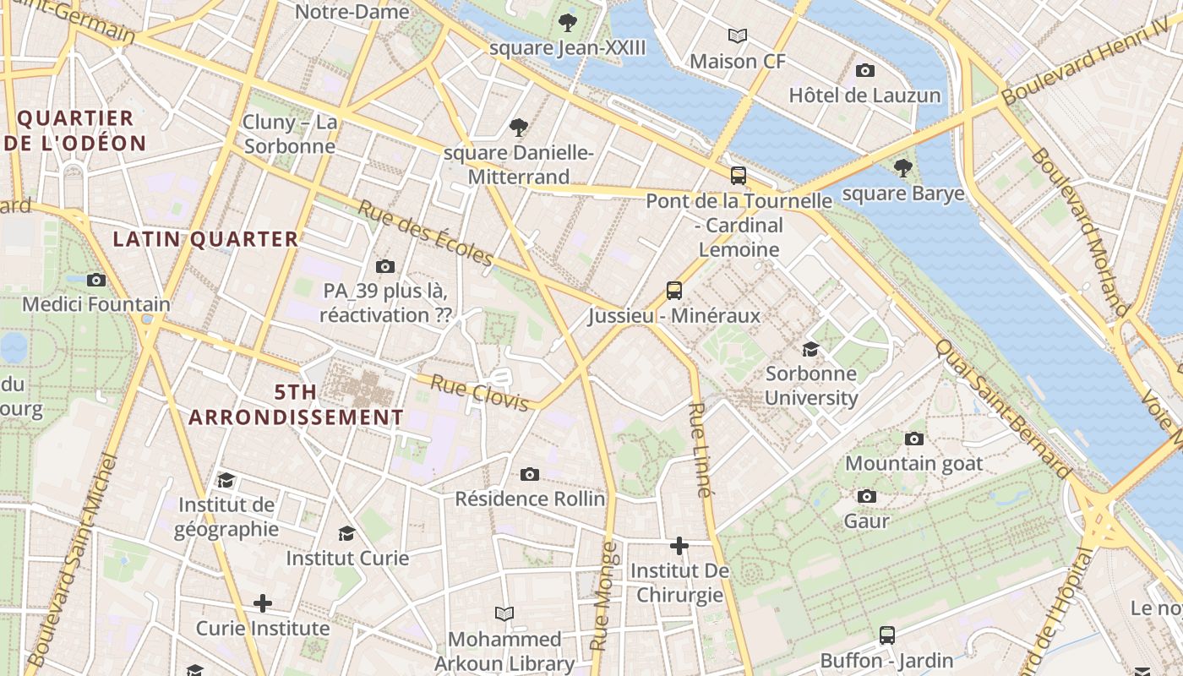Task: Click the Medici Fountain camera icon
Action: (x=96, y=280)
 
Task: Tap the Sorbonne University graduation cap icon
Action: (x=810, y=349)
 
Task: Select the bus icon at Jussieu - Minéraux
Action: (x=674, y=291)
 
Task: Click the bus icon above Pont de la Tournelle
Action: (x=738, y=176)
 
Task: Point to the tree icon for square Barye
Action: (x=903, y=168)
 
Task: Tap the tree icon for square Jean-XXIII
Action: (x=568, y=23)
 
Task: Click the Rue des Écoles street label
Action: (x=425, y=232)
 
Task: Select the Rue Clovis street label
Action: (x=479, y=393)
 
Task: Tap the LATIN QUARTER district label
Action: (x=206, y=239)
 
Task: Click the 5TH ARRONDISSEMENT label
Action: (x=296, y=405)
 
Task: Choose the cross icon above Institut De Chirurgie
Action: (x=679, y=546)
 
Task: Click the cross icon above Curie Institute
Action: (x=263, y=603)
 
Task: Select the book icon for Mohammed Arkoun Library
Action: (x=504, y=613)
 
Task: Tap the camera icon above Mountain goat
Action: (x=913, y=439)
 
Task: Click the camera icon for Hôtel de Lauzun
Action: (x=864, y=70)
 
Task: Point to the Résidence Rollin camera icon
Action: (x=530, y=474)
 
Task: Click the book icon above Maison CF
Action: (x=738, y=35)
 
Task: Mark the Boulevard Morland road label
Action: (x=1080, y=232)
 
